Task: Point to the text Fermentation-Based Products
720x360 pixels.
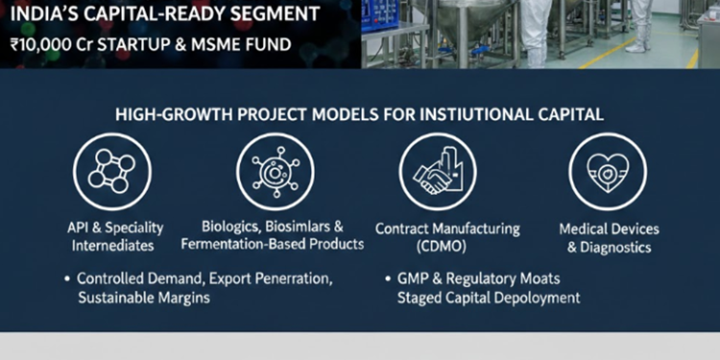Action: coord(285,245)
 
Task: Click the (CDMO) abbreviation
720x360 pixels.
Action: coord(447,247)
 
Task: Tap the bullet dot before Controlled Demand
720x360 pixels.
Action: coord(66,279)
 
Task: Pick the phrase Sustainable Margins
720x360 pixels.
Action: coord(144,299)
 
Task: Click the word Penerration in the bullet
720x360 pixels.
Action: coord(289,279)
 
